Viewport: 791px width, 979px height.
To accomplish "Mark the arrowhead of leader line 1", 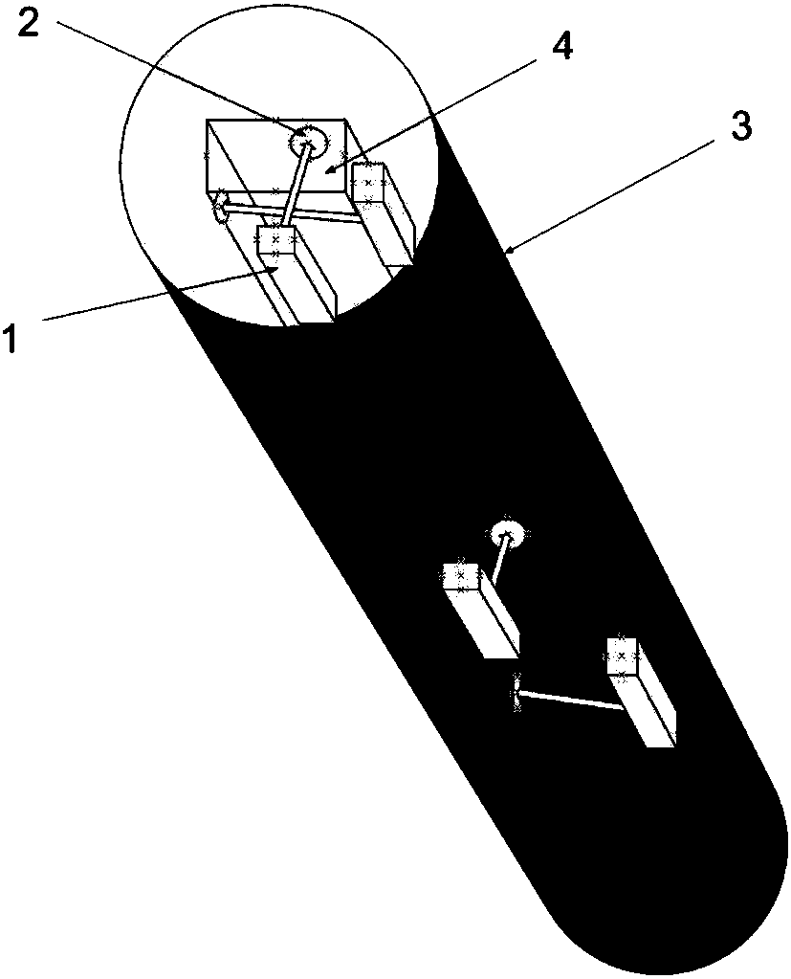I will (x=278, y=270).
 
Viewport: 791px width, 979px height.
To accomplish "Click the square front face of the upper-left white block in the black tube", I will (x=460, y=577).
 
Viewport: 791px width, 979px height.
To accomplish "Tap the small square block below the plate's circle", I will (x=275, y=239).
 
